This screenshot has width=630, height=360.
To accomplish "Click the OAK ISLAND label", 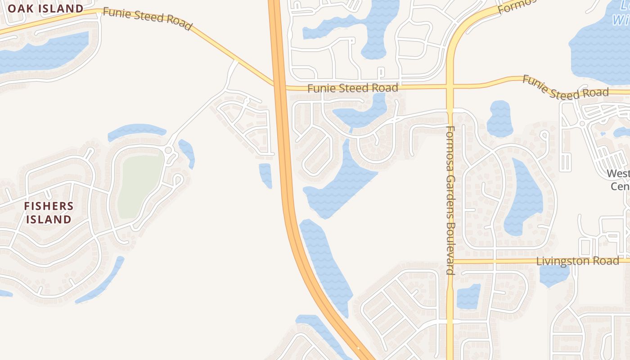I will [45, 9].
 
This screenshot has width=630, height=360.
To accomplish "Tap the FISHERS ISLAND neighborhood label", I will [49, 213].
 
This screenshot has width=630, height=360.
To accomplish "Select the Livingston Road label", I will [577, 261].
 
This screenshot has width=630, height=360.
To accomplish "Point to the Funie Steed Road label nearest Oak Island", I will [147, 18].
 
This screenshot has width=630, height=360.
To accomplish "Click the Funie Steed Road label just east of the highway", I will [353, 88].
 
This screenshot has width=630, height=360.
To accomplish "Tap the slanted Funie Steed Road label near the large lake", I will [565, 88].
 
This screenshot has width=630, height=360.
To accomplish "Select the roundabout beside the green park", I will [169, 150].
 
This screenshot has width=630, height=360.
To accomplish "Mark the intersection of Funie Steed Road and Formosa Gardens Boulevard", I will [450, 85].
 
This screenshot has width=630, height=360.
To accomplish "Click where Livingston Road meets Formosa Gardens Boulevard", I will [450, 261].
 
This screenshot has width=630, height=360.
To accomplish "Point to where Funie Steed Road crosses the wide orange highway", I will [279, 85].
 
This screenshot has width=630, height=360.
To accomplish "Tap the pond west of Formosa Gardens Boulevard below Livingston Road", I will [468, 297].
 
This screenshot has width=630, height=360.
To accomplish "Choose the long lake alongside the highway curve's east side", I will [326, 263].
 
